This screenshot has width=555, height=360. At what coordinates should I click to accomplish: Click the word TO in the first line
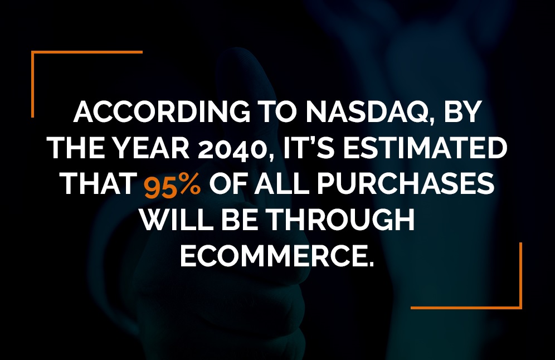click(x=270, y=113)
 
